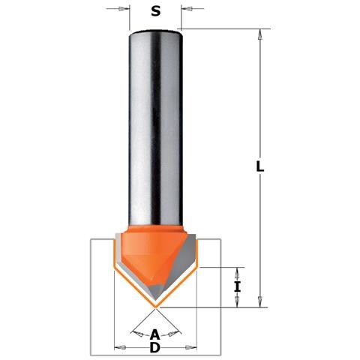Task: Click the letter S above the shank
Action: (x=155, y=11)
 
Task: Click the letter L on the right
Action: (x=260, y=166)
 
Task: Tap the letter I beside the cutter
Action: (x=237, y=286)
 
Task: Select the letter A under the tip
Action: (x=155, y=334)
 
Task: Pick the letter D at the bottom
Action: (x=155, y=347)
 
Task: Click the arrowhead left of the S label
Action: (x=122, y=9)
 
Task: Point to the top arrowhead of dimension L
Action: (x=260, y=34)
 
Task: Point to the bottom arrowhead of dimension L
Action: (x=260, y=301)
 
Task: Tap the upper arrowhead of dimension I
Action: (x=237, y=274)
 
